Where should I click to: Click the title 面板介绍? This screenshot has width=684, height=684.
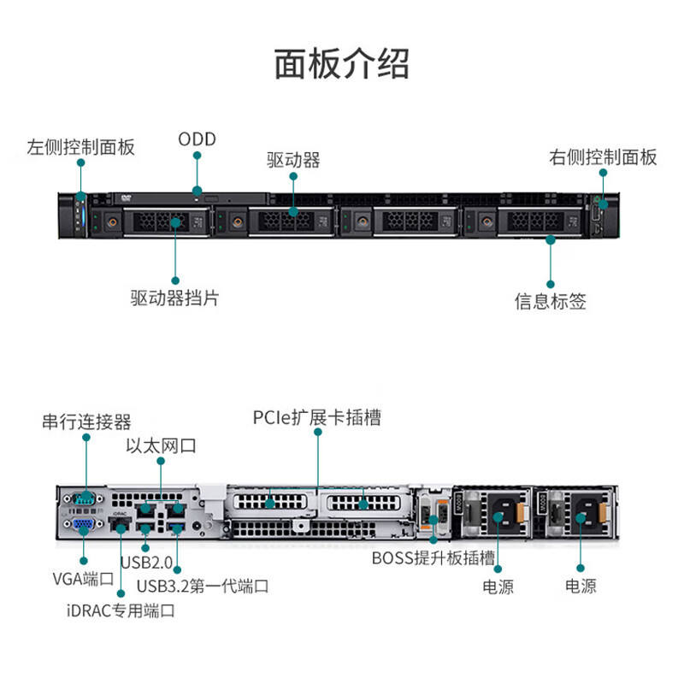pos(341,64)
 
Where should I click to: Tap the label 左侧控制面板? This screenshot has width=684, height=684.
pos(80,146)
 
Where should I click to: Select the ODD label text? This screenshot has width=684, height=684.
pos(197,139)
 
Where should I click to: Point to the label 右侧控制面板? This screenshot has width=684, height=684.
pos(603,156)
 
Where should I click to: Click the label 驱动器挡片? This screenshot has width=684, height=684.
pos(174,298)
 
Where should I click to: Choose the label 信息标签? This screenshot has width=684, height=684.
pos(551,301)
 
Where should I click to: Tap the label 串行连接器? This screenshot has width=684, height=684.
pos(86,422)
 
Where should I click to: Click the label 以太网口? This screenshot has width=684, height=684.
pos(161,445)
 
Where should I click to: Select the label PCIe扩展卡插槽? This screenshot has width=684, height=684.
pos(317,417)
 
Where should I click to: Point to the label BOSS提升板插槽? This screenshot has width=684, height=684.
pos(433,559)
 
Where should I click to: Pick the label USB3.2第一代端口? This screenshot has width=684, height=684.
pos(203,586)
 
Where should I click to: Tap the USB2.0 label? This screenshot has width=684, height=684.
pos(145,563)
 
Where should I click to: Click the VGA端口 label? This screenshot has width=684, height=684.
pos(83,579)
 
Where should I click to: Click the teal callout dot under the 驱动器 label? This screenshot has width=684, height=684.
pos(292,177)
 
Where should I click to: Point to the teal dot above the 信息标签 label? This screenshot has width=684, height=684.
pos(551,241)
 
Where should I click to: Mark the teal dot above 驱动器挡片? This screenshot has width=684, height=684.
pos(175,280)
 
